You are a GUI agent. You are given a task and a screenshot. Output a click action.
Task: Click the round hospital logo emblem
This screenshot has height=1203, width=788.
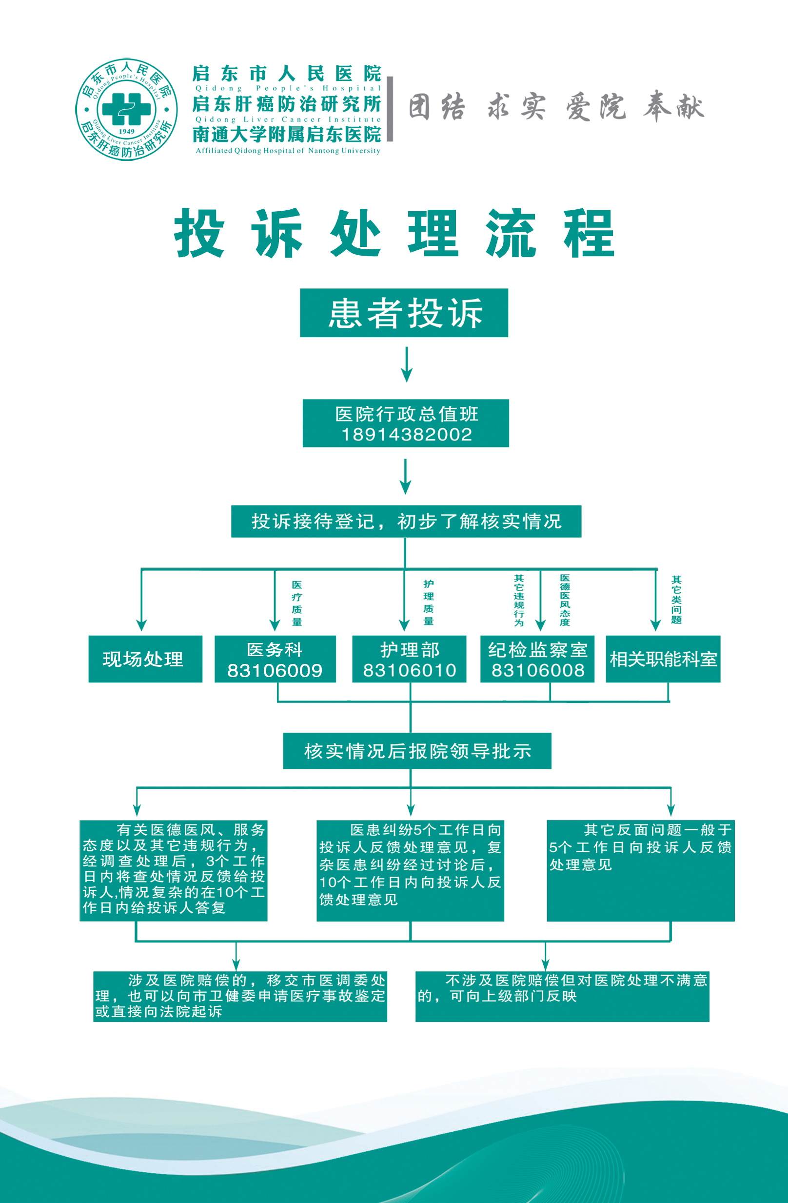126,109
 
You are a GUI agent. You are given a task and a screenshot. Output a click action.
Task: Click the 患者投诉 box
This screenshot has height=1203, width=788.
404,313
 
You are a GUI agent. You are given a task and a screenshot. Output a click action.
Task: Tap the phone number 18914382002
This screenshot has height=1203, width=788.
407,434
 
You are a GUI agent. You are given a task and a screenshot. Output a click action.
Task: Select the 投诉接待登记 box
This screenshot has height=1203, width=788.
406,521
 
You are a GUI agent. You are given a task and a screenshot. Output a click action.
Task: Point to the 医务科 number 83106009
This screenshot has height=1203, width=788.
275,670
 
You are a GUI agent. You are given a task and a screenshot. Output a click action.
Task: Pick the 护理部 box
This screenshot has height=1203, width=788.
409,659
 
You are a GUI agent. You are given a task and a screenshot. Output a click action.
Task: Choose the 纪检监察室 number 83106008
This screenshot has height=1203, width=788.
537,670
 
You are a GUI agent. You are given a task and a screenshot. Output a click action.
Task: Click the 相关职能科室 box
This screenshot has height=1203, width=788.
663,659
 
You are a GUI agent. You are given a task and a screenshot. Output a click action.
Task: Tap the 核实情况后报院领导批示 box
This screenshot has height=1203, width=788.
417,751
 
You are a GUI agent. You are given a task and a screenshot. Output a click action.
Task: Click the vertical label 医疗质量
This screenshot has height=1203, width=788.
296,603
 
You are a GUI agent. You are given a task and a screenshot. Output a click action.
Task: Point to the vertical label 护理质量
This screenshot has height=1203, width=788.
428,602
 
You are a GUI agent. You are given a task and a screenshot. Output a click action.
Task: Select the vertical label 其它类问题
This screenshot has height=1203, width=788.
676,600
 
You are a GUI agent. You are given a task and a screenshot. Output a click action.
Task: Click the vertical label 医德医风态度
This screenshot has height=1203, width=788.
565,600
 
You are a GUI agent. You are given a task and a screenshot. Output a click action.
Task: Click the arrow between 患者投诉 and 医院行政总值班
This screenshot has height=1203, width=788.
407,364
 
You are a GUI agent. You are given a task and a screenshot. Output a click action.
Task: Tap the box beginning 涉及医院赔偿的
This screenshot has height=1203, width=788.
240,996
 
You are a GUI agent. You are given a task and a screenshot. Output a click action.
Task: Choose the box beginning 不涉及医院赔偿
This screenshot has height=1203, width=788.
562,996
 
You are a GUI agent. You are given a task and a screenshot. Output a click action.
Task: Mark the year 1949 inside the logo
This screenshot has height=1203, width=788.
126,131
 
